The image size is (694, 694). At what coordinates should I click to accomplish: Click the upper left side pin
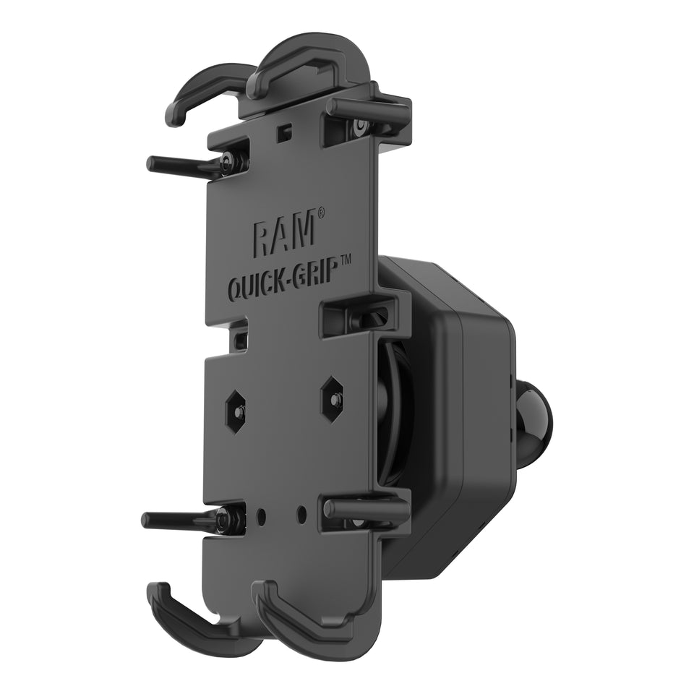pos(181,165)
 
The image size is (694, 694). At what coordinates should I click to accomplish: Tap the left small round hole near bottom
pos(262,516)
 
